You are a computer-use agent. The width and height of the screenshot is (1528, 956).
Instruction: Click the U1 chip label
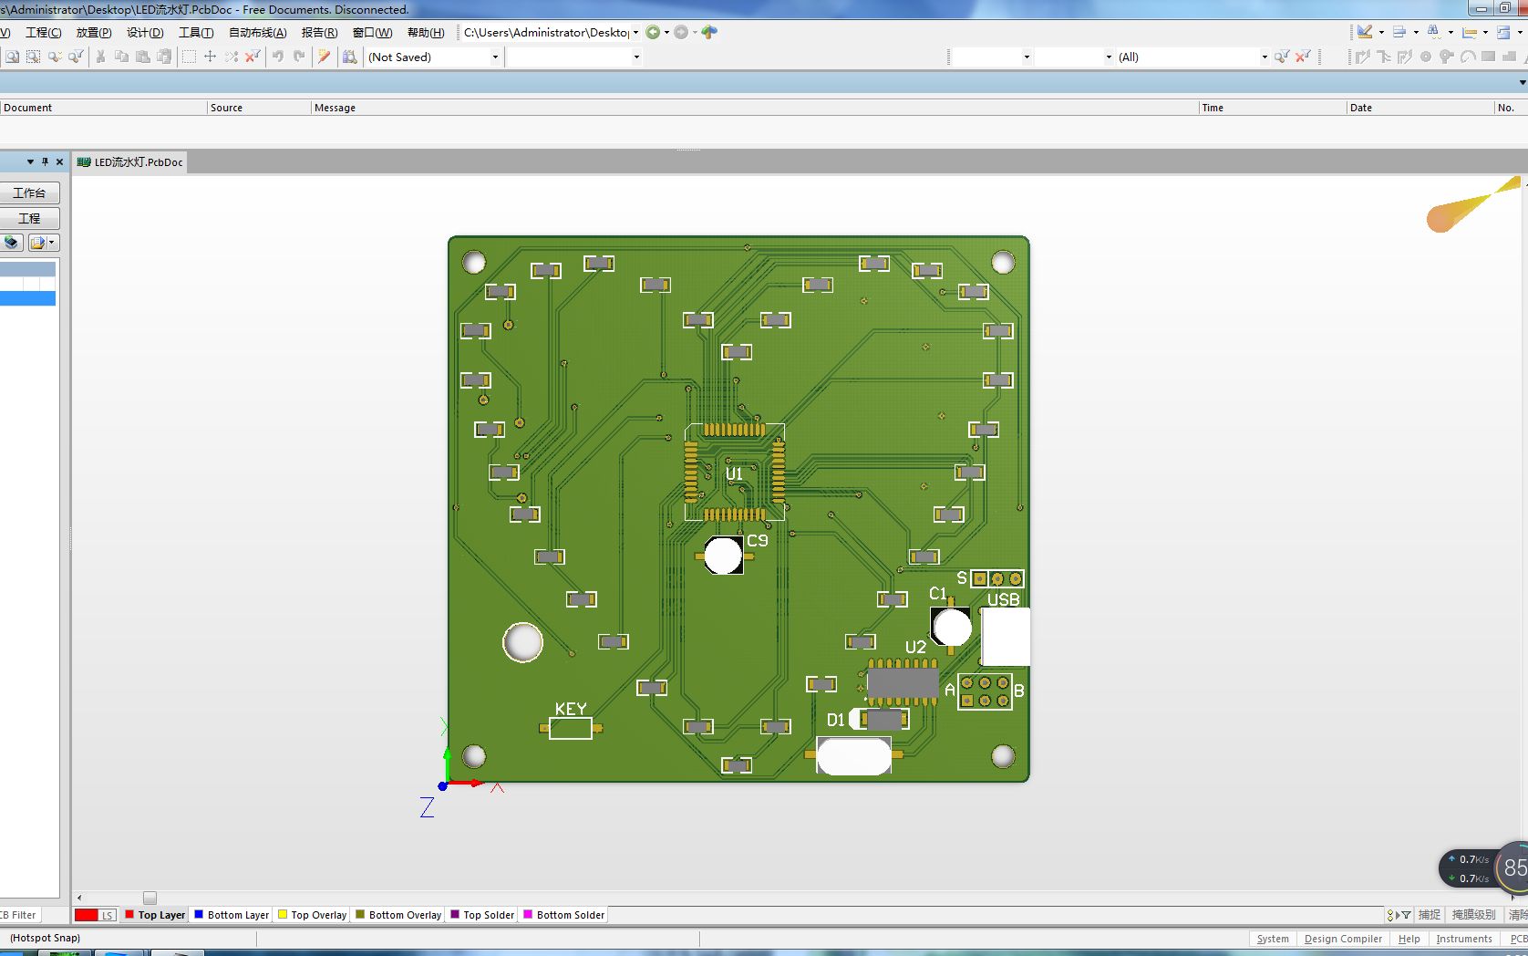734,474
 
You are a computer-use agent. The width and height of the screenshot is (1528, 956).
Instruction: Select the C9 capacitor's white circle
723,556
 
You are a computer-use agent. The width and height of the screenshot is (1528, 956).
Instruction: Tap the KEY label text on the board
571,709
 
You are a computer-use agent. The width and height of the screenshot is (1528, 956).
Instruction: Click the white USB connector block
1006,637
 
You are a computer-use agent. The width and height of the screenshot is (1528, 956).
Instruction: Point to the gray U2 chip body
903,682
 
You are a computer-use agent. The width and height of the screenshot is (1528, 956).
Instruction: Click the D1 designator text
836,721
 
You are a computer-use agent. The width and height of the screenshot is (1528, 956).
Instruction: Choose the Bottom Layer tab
238,915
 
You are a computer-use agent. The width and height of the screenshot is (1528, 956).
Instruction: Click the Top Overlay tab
318,915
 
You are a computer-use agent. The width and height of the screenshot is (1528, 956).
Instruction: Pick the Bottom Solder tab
570,915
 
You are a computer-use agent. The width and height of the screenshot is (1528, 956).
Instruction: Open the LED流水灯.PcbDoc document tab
138,162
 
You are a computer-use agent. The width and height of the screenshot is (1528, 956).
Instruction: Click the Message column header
335,108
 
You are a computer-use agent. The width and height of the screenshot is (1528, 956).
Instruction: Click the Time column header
1213,108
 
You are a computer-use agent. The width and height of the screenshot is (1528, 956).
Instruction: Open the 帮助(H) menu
426,33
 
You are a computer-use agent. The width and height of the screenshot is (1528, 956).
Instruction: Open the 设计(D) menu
145,33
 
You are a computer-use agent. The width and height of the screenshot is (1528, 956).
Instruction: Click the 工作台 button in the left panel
29,193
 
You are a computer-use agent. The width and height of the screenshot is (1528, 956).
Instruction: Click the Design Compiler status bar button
1343,939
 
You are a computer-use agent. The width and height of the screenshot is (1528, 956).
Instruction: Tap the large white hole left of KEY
523,642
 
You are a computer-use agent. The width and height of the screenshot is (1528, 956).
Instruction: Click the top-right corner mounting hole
1003,263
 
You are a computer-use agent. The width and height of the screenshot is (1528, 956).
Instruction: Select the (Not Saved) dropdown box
433,57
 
